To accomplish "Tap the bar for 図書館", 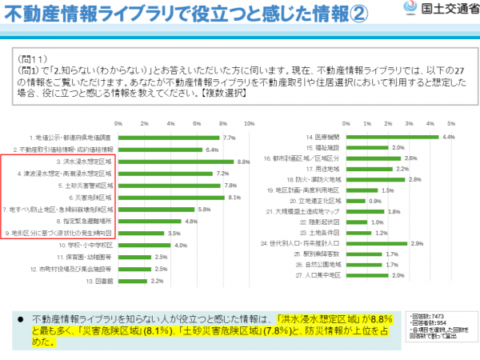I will tap(132, 282).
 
